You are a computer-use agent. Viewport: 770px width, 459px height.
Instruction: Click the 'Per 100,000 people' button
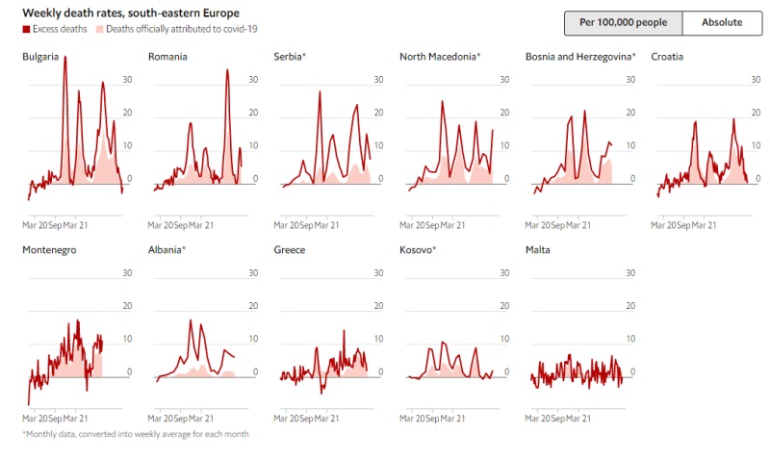(623, 23)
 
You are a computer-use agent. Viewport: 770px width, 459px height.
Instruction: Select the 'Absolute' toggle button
(721, 23)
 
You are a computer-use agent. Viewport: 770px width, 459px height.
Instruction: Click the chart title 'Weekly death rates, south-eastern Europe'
(131, 13)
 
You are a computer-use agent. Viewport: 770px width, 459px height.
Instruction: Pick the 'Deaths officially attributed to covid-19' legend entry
(174, 30)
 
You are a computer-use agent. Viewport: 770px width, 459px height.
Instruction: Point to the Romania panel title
(167, 57)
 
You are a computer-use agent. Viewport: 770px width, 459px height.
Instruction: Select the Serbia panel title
(290, 57)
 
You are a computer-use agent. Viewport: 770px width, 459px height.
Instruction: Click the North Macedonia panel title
(440, 57)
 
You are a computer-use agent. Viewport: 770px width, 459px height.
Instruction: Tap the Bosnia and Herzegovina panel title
(580, 57)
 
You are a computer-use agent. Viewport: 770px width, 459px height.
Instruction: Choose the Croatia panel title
(667, 57)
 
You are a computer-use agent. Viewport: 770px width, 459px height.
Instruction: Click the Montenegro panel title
(49, 250)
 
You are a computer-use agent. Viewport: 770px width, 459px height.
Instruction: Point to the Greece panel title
(290, 250)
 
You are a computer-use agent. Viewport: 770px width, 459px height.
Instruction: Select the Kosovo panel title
(418, 250)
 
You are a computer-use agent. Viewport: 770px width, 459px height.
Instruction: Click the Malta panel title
(538, 250)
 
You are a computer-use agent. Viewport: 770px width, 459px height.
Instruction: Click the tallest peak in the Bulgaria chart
(64, 59)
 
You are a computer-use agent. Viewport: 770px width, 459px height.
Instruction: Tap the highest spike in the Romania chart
(228, 70)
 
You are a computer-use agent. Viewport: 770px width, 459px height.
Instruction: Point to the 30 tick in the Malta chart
(630, 272)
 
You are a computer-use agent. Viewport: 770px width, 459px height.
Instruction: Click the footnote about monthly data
(136, 434)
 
